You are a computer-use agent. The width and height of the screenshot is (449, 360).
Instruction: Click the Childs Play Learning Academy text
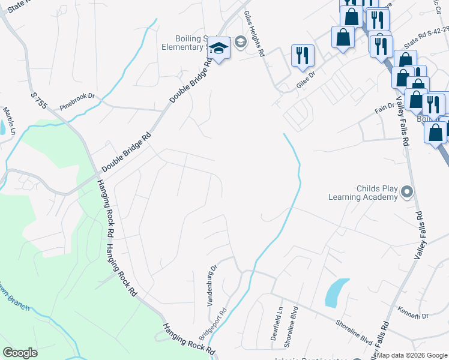click(363, 192)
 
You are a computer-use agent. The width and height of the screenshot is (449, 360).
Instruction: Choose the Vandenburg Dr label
click(212, 286)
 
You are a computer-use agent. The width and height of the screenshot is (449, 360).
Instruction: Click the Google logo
click(20, 353)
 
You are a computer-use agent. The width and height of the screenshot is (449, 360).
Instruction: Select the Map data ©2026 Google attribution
click(412, 355)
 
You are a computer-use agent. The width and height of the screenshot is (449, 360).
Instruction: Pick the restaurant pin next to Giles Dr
click(303, 55)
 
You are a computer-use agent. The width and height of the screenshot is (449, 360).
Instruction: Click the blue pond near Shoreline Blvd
click(336, 292)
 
